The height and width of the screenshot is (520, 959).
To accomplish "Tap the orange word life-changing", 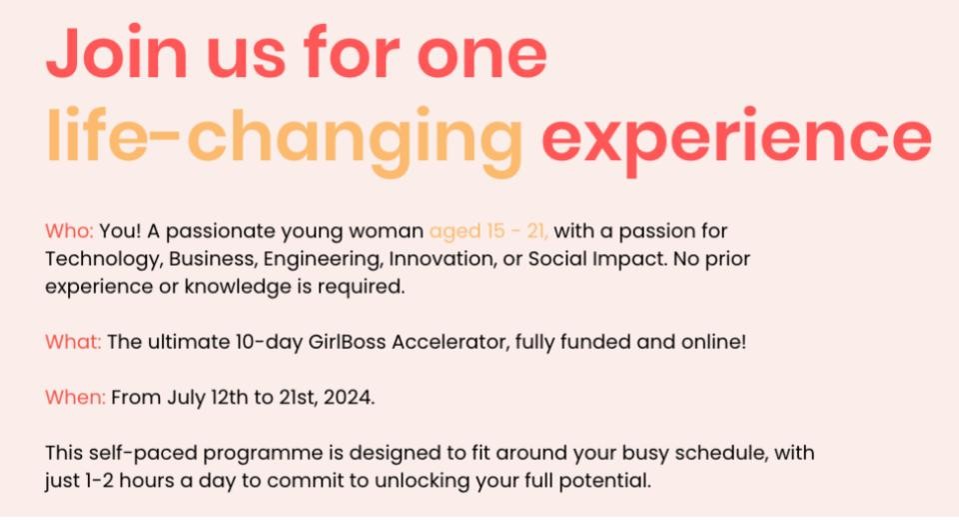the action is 285,140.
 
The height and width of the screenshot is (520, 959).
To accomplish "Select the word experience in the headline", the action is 736,140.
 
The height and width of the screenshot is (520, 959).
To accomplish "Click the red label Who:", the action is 69,231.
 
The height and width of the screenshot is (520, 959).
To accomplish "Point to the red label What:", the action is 73,342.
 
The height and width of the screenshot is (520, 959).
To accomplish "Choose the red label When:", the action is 75,398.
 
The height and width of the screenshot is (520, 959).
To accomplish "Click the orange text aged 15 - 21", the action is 488,232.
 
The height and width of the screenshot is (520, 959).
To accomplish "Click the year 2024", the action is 349,398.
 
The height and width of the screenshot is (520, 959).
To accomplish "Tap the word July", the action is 186,398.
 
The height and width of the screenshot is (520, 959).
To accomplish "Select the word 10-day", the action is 269,342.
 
